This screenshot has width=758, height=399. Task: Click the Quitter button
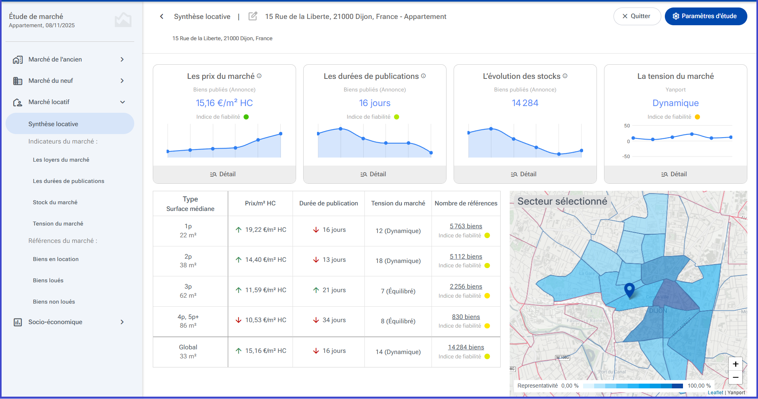click(x=637, y=16)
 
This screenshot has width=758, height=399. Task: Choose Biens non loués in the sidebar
click(x=54, y=302)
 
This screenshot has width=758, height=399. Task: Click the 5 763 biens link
click(x=466, y=226)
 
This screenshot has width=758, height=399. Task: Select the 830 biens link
click(x=466, y=317)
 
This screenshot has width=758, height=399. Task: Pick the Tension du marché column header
click(x=398, y=203)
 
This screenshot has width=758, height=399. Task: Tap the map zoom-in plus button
click(x=735, y=364)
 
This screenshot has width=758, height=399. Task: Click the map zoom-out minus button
click(x=735, y=377)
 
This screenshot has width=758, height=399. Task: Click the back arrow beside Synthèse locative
click(x=161, y=16)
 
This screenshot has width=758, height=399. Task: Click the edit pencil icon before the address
click(x=253, y=16)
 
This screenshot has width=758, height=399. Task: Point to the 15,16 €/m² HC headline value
click(x=224, y=103)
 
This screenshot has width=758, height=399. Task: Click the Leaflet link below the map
click(x=715, y=393)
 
